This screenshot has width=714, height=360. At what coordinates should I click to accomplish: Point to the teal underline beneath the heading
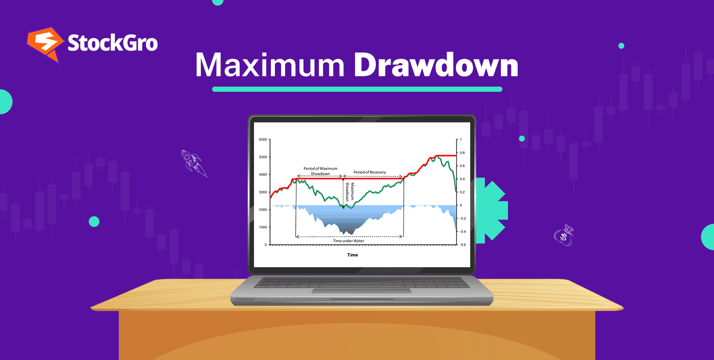click(x=357, y=89)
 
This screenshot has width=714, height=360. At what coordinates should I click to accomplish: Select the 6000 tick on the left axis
click(x=263, y=139)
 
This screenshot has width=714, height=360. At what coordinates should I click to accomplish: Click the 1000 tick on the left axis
click(x=263, y=227)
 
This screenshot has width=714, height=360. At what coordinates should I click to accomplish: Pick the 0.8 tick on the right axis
click(x=462, y=152)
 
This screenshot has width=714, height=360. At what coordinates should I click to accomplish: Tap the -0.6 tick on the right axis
click(x=462, y=245)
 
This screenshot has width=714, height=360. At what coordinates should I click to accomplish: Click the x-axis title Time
click(x=352, y=255)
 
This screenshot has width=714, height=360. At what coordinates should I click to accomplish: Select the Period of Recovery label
click(x=370, y=172)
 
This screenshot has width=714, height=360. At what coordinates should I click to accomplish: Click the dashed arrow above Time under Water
click(x=349, y=237)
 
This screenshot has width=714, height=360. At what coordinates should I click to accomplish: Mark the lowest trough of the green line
click(x=343, y=207)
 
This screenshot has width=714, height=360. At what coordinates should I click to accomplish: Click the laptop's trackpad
click(x=362, y=291)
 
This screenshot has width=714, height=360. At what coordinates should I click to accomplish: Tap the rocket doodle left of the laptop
click(x=194, y=163)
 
